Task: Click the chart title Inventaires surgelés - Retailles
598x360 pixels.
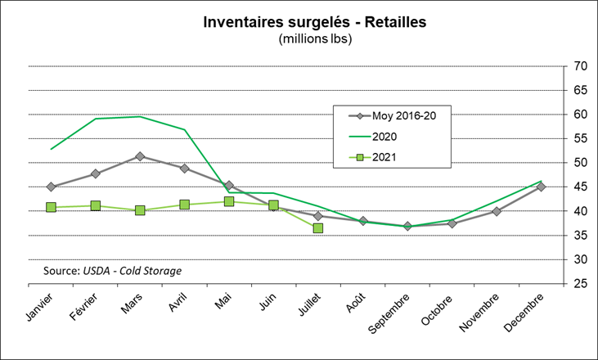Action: (x=315, y=21)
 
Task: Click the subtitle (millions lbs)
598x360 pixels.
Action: (x=315, y=38)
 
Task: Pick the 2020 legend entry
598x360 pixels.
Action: (x=385, y=136)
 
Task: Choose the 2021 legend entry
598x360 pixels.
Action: (x=385, y=157)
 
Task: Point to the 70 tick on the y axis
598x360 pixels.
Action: (x=582, y=66)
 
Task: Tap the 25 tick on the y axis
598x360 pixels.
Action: (x=582, y=284)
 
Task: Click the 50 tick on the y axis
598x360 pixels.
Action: (x=582, y=163)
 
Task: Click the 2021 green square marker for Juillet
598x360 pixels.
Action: (x=318, y=227)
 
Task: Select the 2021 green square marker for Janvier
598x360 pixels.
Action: (x=51, y=207)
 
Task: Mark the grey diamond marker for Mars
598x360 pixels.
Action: (x=140, y=156)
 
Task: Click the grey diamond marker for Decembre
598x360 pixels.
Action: (x=541, y=187)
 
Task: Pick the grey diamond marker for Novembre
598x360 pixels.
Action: (x=497, y=211)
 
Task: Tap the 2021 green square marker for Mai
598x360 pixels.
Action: (x=229, y=201)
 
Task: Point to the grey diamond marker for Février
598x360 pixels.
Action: (x=96, y=173)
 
